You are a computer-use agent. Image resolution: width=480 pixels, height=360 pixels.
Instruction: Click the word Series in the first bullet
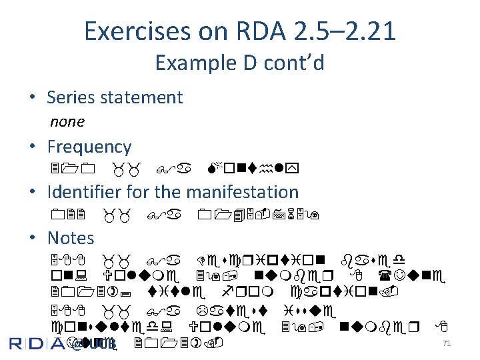(x=67, y=97)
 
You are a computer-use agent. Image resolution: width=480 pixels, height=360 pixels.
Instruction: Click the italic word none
(x=67, y=121)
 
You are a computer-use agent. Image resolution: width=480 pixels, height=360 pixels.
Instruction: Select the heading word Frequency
(x=89, y=146)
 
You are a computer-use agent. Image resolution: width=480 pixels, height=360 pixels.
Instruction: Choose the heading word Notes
(x=71, y=237)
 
